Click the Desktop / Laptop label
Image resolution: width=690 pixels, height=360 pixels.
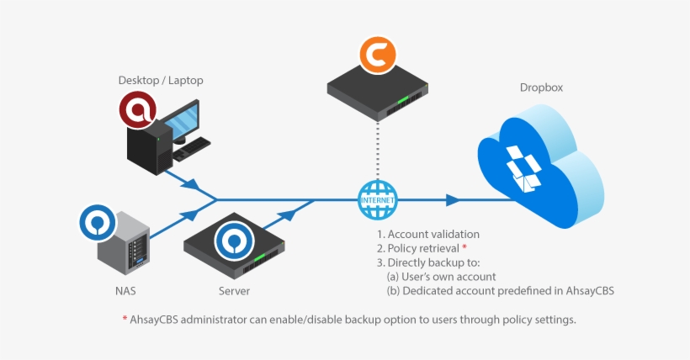(161, 81)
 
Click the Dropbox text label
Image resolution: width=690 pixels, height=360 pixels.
(541, 88)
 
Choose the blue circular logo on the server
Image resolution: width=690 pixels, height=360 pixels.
(233, 241)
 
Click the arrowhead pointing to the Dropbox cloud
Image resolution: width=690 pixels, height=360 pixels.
(453, 200)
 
